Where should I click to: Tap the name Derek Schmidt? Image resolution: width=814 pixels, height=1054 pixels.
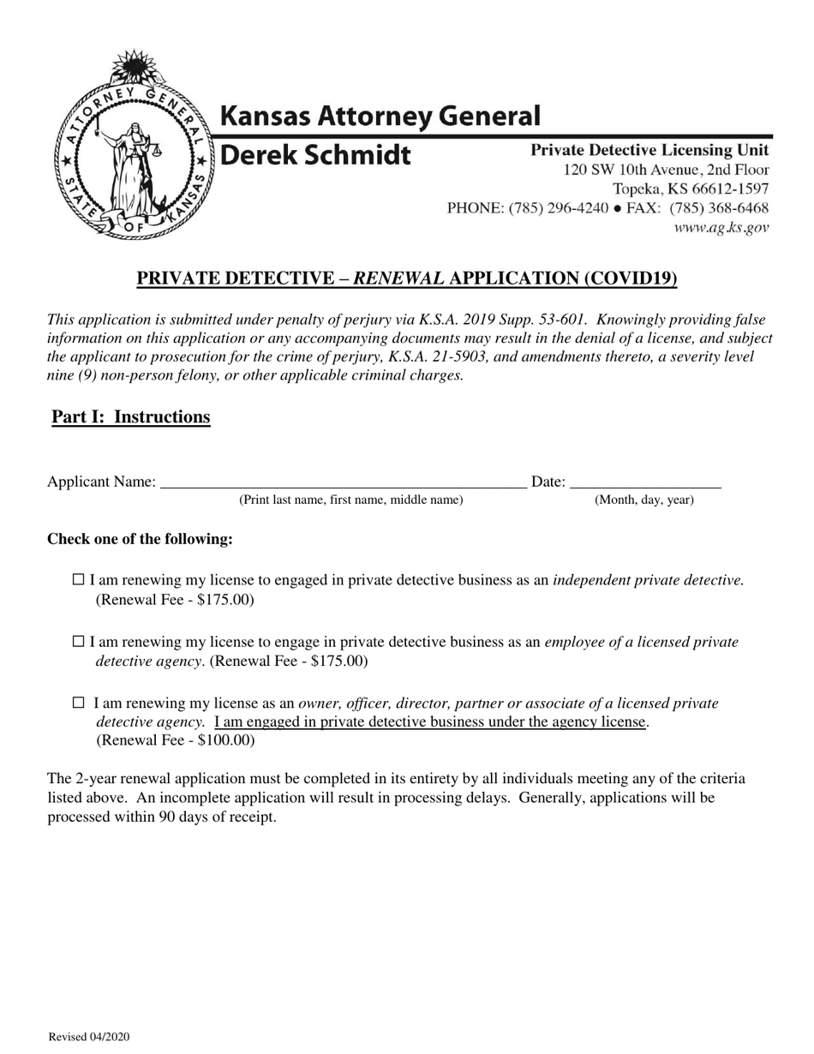point(316,156)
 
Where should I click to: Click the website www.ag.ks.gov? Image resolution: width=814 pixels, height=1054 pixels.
point(721,228)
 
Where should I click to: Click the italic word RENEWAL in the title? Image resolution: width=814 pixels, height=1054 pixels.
point(399,278)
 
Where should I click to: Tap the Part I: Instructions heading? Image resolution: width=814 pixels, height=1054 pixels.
point(131,417)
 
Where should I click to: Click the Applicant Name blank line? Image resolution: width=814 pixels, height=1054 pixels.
point(343,482)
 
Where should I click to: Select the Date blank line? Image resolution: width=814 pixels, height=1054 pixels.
point(644,482)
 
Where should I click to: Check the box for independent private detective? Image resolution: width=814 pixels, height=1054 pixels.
point(78,580)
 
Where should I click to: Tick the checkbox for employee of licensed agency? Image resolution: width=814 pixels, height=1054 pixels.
point(78,642)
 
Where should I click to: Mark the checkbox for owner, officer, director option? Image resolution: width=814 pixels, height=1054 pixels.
point(79,704)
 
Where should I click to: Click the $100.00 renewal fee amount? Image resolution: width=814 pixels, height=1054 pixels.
point(224,740)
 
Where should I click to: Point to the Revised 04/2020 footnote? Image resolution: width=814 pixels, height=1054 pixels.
point(89,1037)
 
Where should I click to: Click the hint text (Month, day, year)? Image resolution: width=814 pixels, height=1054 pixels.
point(644,500)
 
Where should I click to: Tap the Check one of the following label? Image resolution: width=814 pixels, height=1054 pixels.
point(140,539)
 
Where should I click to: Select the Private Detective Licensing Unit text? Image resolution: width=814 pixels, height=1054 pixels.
point(649,150)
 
